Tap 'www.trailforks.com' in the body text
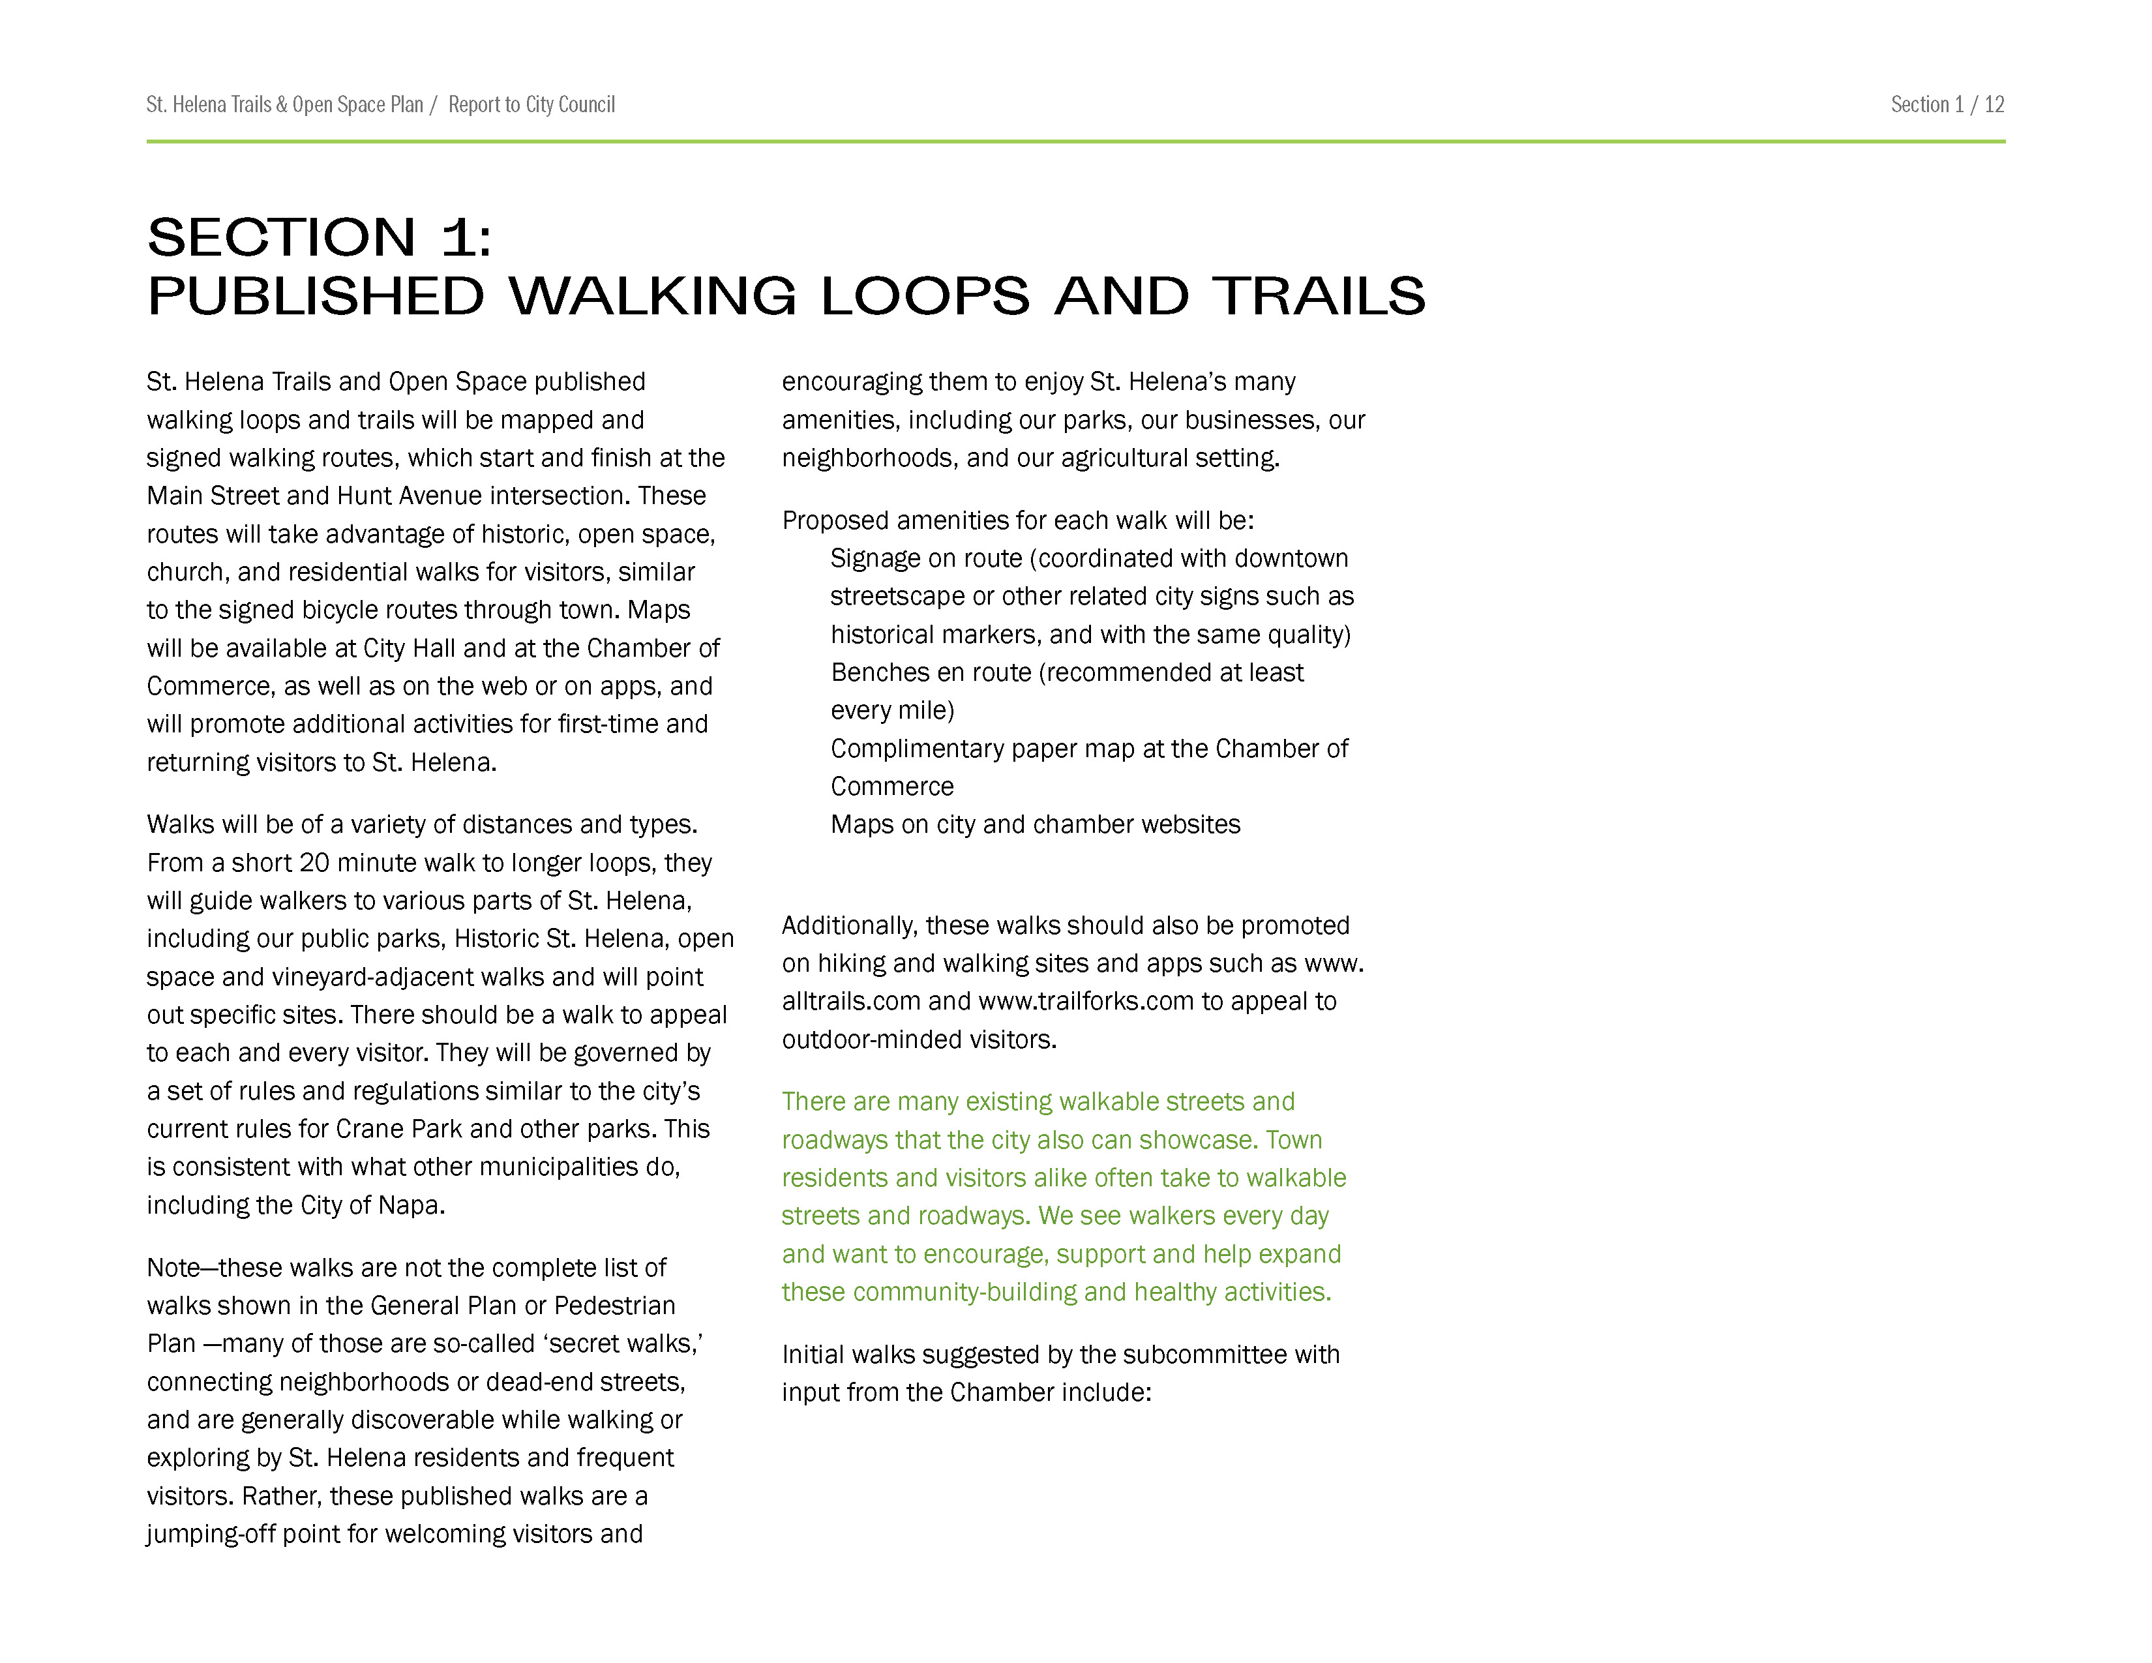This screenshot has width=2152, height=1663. pos(1086,1002)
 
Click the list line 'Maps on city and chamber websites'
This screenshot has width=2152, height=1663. pos(1035,824)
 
